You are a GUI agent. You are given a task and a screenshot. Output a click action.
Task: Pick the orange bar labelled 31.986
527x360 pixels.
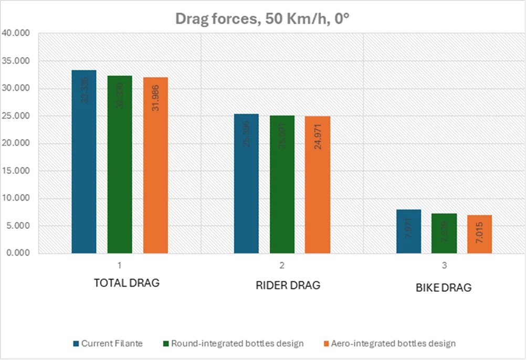pyautogui.click(x=155, y=165)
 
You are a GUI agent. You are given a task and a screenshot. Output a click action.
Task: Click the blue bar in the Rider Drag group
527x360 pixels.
pyautogui.click(x=246, y=184)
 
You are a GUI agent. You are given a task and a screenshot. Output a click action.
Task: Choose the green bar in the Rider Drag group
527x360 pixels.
pyautogui.click(x=282, y=184)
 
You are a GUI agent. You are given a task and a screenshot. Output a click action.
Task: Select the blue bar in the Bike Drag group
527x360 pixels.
pyautogui.click(x=408, y=231)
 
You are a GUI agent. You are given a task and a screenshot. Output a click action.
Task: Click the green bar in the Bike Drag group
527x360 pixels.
pyautogui.click(x=444, y=234)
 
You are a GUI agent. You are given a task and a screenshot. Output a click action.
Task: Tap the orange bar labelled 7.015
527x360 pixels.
pyautogui.click(x=479, y=234)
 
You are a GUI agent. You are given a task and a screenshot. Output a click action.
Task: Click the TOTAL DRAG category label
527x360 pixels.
pyautogui.click(x=127, y=283)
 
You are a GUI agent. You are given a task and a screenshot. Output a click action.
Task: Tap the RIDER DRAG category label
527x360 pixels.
pyautogui.click(x=288, y=285)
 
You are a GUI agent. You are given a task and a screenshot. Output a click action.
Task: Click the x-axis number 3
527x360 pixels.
pyautogui.click(x=445, y=266)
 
